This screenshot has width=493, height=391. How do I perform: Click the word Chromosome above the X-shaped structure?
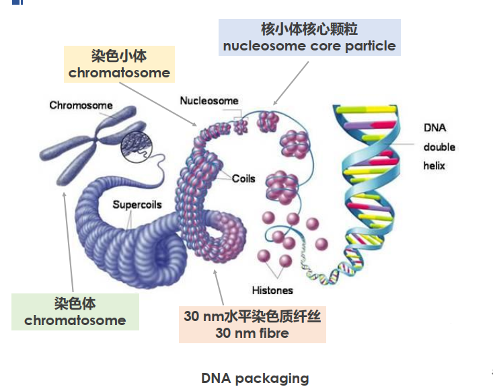[x=81, y=106]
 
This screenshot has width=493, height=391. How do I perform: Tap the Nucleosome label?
[x=208, y=101]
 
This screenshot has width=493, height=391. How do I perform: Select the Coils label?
[x=243, y=179]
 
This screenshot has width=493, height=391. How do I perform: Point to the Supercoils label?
[x=137, y=205]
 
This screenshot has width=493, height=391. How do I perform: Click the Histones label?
[x=272, y=291]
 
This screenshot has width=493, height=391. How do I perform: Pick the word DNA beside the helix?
[x=434, y=128]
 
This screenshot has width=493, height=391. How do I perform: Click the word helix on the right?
[x=434, y=166]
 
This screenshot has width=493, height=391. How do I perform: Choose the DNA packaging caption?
[x=255, y=378]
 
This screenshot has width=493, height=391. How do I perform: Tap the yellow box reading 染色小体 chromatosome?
[x=119, y=64]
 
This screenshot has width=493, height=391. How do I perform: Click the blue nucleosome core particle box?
[x=309, y=37]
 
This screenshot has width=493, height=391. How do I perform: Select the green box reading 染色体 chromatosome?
[x=75, y=312]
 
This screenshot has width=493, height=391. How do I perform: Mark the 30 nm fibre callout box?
[x=252, y=324]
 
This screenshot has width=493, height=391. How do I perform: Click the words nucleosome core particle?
[x=309, y=46]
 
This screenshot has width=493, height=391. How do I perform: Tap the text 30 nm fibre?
[x=252, y=333]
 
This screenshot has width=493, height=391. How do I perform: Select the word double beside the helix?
[x=439, y=147]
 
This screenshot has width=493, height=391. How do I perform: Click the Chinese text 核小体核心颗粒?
[x=309, y=29]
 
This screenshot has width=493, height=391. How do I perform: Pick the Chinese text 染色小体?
[x=119, y=55]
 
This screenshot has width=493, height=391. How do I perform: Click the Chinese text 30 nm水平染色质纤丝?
[x=252, y=316]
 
